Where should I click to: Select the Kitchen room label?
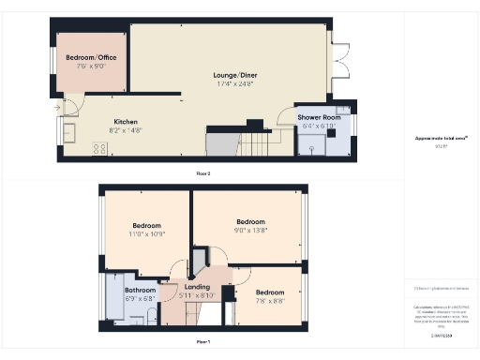click(127, 122)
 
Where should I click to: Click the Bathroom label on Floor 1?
click(140, 291)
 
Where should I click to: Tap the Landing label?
click(197, 287)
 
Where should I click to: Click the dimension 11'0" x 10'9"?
click(147, 234)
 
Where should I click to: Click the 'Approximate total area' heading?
click(441, 137)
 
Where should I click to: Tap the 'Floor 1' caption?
click(202, 342)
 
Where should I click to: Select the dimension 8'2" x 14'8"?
click(127, 131)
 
